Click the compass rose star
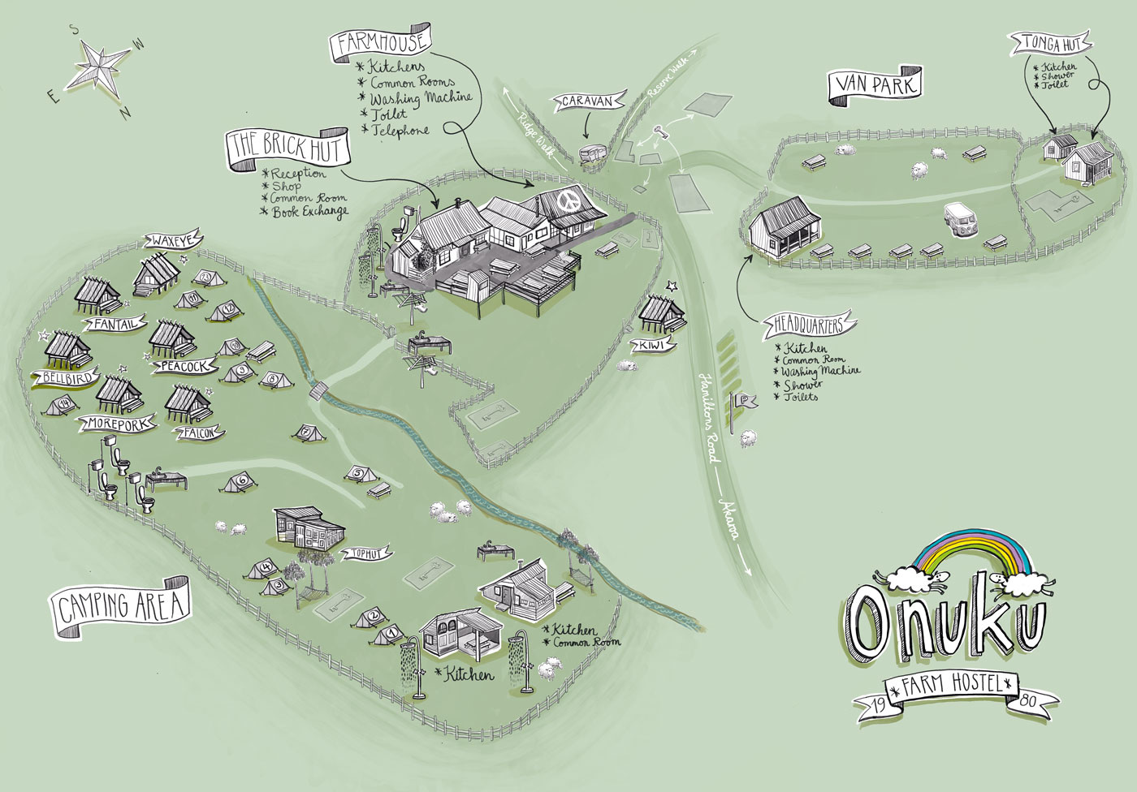pyautogui.click(x=97, y=66)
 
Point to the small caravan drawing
pyautogui.click(x=592, y=153)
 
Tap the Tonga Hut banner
pyautogui.click(x=1046, y=41)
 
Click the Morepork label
pyautogui.click(x=115, y=423)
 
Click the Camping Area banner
pyautogui.click(x=122, y=606)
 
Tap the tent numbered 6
pyautogui.click(x=241, y=481)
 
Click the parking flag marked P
pyautogui.click(x=743, y=400)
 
